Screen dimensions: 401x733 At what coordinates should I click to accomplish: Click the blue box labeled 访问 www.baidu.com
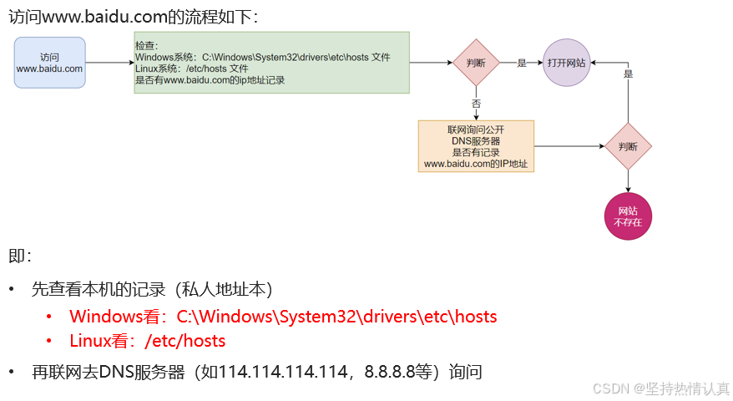click(x=50, y=63)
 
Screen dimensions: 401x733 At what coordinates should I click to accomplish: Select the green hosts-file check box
click(x=271, y=63)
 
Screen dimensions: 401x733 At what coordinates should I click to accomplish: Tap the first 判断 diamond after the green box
click(x=476, y=63)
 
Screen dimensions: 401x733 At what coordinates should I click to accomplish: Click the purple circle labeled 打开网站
click(x=566, y=63)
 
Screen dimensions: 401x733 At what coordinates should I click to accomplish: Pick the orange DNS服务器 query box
click(x=476, y=146)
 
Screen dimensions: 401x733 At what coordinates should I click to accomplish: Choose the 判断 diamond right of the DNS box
click(x=628, y=146)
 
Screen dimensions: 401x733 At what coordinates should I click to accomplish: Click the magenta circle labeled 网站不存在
click(x=628, y=216)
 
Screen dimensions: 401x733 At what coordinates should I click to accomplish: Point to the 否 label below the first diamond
click(x=476, y=104)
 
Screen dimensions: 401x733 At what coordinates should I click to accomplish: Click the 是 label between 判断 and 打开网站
click(x=522, y=63)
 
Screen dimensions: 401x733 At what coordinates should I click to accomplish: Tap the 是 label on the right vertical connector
click(x=628, y=74)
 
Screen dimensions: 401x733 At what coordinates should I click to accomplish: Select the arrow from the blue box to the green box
click(x=109, y=63)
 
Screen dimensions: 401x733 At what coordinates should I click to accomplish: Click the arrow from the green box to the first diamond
click(x=430, y=63)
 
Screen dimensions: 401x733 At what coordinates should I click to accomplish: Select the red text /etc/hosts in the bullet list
click(x=185, y=341)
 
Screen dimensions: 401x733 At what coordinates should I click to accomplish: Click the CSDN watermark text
click(x=660, y=388)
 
